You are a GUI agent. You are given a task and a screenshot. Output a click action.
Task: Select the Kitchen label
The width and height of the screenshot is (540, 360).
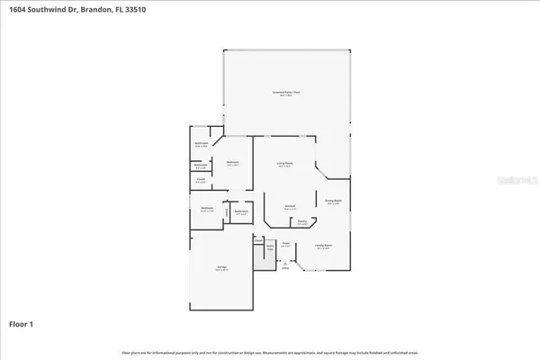point(291,206)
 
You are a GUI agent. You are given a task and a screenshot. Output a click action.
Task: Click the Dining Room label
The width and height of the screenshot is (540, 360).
point(332,202)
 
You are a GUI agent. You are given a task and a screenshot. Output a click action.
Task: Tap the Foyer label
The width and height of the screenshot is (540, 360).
point(285,243)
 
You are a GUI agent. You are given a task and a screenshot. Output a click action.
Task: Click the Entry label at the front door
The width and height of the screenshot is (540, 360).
point(285,267)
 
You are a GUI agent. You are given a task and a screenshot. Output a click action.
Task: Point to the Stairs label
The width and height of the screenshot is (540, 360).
point(269,247)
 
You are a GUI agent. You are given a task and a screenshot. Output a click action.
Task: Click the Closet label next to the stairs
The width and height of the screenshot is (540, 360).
point(257,240)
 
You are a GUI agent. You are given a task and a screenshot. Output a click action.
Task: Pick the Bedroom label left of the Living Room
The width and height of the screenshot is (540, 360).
point(232,164)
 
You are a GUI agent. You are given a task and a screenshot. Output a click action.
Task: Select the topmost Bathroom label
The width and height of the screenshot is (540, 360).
point(202,143)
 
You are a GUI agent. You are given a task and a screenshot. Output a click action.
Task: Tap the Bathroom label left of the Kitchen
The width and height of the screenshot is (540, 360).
point(241,212)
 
